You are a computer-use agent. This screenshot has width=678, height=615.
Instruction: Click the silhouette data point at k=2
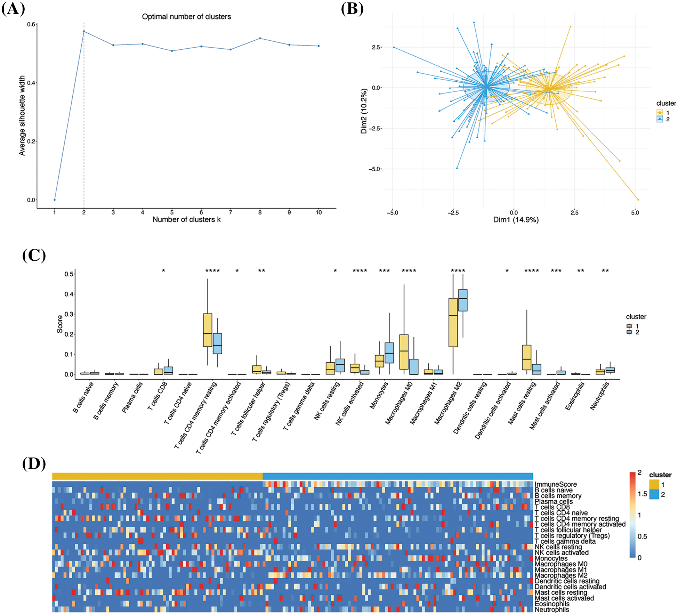[84, 32]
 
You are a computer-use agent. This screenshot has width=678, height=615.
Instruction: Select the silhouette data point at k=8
[260, 38]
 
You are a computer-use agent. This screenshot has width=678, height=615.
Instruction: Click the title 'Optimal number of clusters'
[186, 17]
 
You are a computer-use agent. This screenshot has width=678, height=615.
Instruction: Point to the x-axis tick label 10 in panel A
[318, 212]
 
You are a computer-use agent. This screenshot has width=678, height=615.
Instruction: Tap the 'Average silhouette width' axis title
[22, 115]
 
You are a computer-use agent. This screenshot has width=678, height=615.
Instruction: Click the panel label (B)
[352, 9]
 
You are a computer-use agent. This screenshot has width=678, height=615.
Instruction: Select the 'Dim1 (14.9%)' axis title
[516, 220]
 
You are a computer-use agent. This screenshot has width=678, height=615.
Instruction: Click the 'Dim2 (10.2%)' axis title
[364, 111]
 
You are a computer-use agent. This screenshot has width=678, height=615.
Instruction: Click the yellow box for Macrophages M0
[404, 352]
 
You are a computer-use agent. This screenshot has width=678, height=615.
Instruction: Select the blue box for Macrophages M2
[463, 300]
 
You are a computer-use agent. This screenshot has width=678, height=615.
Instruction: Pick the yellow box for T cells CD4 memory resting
[208, 330]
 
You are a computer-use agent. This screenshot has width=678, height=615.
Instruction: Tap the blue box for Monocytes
[389, 353]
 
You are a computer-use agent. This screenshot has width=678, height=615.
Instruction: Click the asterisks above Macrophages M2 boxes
[458, 271]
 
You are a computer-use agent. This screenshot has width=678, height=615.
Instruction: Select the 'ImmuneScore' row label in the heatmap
[555, 484]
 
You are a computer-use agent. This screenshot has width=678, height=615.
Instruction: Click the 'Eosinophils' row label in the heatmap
[552, 604]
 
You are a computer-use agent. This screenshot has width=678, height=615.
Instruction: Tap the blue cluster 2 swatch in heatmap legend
[654, 494]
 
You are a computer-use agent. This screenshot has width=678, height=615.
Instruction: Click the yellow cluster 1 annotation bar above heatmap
[157, 476]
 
